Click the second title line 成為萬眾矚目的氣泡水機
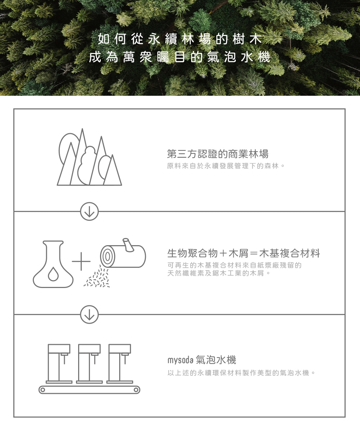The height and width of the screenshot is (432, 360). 180,57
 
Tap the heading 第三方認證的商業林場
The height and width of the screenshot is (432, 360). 217,154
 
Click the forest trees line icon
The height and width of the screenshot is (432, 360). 89,158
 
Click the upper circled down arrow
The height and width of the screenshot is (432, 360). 89,211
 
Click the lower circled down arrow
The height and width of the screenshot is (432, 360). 89,314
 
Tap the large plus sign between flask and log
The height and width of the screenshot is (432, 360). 81,261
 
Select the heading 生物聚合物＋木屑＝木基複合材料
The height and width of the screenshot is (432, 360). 243,253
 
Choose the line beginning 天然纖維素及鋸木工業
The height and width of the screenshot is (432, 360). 219,274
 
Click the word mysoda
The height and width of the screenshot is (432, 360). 180,360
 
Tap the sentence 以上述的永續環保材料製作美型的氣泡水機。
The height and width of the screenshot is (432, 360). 242,373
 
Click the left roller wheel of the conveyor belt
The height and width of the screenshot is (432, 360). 43,390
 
